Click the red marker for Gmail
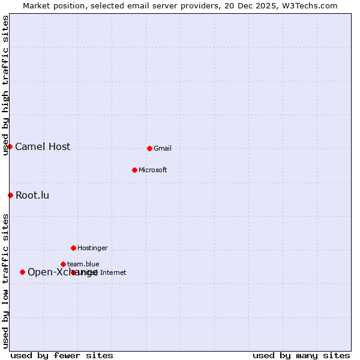coord(149,148)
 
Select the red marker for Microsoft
coord(134,170)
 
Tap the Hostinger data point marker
coord(73,248)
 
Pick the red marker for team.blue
coord(63,264)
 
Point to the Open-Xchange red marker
coord(22,272)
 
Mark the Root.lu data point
coord(10,195)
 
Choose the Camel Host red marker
coord(10,146)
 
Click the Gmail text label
coord(163,149)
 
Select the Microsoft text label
coord(153,170)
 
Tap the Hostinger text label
coord(92,248)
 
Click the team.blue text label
coord(83,264)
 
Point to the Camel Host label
coord(43,147)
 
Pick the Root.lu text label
coord(32,196)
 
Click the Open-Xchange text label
coord(62,272)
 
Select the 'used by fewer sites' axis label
coord(62,355)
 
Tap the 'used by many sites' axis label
coord(301,355)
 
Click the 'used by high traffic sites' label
coord(6,85)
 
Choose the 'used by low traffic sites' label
coord(6,281)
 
